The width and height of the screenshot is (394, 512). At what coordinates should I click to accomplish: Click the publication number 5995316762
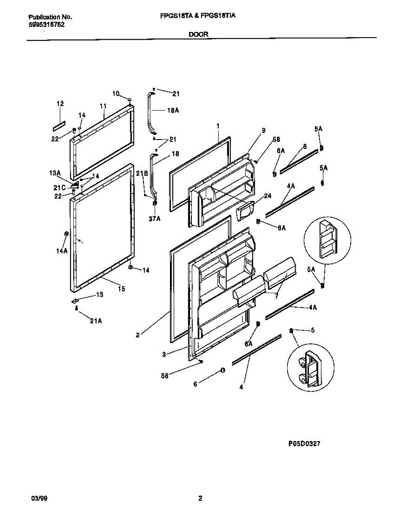47,24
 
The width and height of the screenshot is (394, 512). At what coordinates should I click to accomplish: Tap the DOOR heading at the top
199,35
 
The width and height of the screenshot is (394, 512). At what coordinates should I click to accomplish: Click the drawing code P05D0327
304,444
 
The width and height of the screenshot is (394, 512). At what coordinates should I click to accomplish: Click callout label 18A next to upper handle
173,111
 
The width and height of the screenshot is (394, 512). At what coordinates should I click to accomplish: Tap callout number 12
60,104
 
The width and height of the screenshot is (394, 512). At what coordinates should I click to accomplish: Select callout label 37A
155,219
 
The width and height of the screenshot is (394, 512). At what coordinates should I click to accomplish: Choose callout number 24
267,196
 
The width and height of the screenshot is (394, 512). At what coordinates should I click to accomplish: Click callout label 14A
63,251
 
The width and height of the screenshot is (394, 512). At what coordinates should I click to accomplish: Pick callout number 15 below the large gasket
121,289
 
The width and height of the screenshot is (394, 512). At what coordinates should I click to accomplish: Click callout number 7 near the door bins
276,296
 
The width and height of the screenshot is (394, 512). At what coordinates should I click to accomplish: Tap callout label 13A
55,173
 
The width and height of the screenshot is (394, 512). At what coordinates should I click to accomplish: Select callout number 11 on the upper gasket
103,105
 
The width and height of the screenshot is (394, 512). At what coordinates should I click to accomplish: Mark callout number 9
264,130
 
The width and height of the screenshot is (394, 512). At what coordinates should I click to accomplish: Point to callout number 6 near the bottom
196,384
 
